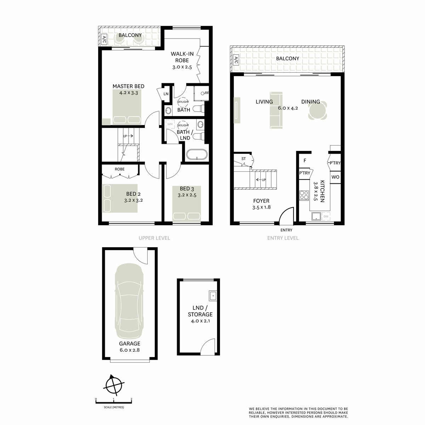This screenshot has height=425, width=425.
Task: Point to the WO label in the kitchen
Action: coord(335,177)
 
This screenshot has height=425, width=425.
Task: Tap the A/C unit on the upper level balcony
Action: coord(104,40)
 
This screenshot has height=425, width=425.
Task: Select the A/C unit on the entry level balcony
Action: coord(235,60)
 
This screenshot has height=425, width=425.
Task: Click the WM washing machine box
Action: coord(170,125)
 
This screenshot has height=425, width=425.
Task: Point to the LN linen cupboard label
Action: coord(166,94)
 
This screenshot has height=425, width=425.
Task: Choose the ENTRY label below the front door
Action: coord(286,230)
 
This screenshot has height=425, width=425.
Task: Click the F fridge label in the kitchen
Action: coord(304,160)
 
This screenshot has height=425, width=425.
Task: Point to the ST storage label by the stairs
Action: coord(243,159)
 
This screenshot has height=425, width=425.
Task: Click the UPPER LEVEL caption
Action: coord(154,238)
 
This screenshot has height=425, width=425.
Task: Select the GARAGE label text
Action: coord(129,344)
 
